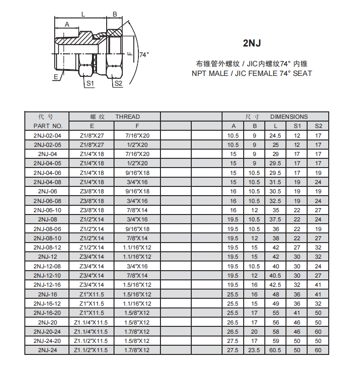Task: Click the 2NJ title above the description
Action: click(251, 43)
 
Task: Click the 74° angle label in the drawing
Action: click(144, 55)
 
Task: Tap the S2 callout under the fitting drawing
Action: click(118, 83)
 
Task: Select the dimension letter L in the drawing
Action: click(83, 14)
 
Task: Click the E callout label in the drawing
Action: click(56, 77)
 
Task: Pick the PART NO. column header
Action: click(47, 126)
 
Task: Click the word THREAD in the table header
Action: click(127, 116)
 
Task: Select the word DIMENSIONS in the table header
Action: click(289, 116)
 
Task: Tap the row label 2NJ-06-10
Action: click(47, 210)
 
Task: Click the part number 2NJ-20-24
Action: click(47, 331)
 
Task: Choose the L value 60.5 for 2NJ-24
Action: click(275, 350)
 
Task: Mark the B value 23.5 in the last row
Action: click(254, 350)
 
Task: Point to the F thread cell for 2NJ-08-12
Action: click(137, 247)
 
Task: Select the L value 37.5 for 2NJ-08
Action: click(275, 219)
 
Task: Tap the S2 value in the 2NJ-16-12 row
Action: click(318, 303)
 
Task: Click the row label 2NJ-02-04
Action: click(47, 135)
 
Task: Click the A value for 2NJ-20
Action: click(233, 322)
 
